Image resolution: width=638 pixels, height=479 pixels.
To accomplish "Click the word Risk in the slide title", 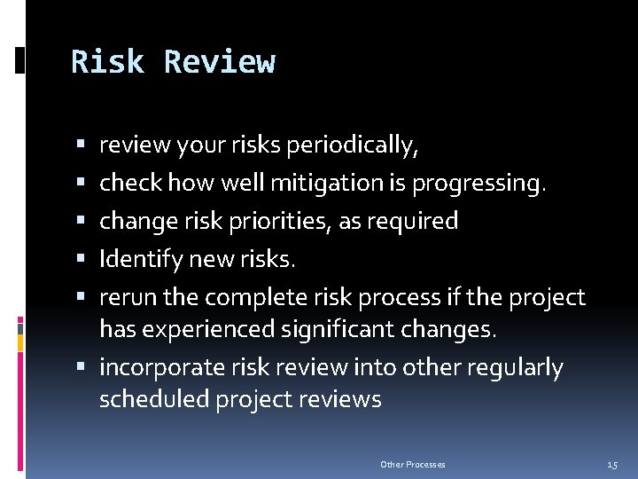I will (108, 62).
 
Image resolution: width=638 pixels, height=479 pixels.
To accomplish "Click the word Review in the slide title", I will (220, 62).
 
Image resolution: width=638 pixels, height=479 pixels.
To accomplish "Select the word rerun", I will (125, 296).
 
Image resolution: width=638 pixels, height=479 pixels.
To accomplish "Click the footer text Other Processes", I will (412, 465).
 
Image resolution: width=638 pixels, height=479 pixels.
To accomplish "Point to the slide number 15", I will (612, 465).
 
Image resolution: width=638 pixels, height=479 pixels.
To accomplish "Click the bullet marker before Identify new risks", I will (81, 259).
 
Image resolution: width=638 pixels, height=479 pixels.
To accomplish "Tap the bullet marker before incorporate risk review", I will (81, 365).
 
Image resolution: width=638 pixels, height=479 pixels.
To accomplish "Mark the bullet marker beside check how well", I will (81, 183).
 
